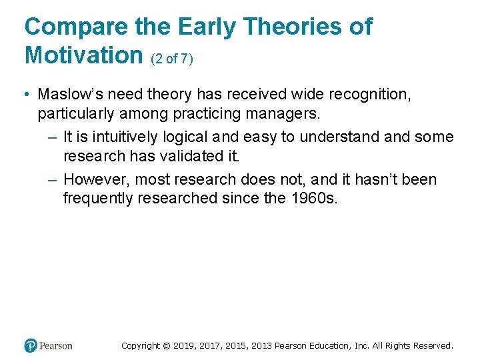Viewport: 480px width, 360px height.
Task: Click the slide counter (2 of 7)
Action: [x=172, y=59]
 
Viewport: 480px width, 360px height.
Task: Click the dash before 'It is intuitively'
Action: [x=53, y=137]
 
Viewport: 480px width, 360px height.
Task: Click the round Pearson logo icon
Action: [x=31, y=345]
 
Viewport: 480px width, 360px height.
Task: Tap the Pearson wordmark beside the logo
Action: [x=55, y=345]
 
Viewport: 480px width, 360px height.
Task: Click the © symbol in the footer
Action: [x=167, y=345]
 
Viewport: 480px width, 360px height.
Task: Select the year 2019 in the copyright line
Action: [x=185, y=345]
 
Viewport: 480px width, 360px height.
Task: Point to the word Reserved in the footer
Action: [x=433, y=345]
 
